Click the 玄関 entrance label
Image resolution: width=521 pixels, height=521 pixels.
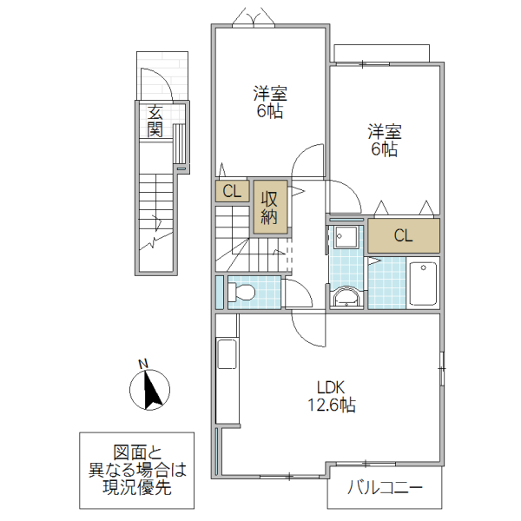[x=155, y=121]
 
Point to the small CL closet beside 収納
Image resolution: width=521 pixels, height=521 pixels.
[x=232, y=191]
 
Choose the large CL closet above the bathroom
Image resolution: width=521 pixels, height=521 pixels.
[x=403, y=235]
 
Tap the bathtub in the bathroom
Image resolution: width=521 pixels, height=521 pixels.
[x=423, y=283]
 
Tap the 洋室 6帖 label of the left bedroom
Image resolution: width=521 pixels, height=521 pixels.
[x=270, y=102]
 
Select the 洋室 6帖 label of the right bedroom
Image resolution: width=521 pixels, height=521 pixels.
[x=384, y=141]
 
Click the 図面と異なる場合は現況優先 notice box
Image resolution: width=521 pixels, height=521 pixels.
[x=138, y=470]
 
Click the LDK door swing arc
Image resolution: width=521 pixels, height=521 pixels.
[x=308, y=328]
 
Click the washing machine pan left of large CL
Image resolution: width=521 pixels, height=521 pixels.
[x=347, y=237]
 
